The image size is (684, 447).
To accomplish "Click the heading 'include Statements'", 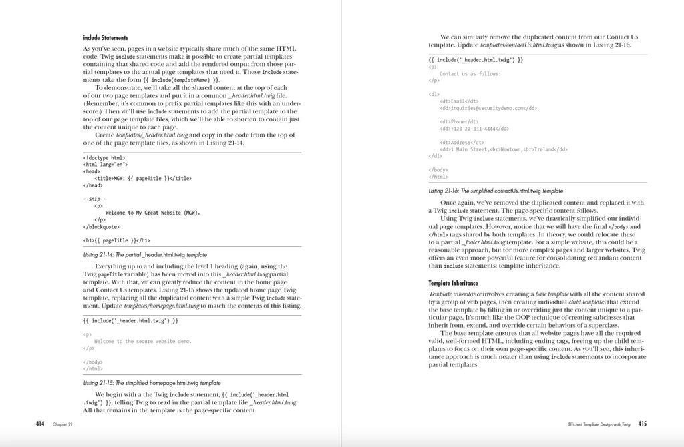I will click(105, 38).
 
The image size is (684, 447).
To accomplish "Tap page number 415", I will click(642, 423).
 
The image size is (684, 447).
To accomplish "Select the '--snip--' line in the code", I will click(94, 199).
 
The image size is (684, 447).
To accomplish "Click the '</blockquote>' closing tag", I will click(102, 226).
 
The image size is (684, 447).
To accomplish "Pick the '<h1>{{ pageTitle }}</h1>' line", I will click(116, 240).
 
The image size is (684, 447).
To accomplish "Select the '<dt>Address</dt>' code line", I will click(462, 143).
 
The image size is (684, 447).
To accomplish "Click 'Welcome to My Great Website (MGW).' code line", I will click(153, 213).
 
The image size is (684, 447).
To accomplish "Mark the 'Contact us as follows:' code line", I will click(470, 73).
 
